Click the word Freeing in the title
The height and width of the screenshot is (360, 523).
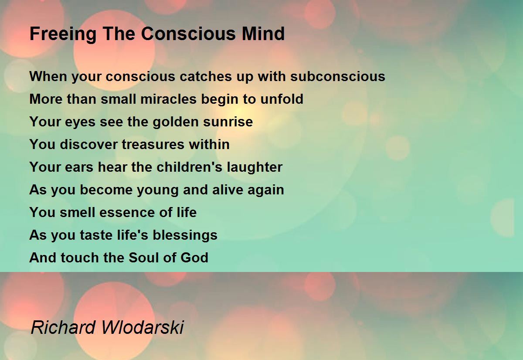click(x=63, y=34)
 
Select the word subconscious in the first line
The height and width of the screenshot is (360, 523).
click(x=338, y=76)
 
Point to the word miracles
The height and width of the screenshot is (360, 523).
click(x=168, y=99)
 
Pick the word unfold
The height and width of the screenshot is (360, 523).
click(x=282, y=99)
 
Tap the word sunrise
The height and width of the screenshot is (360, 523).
click(x=228, y=122)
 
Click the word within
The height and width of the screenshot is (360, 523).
click(x=209, y=144)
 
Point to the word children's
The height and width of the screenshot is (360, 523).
click(x=189, y=167)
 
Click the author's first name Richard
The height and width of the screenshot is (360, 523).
click(x=63, y=327)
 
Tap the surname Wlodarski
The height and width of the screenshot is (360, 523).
click(x=143, y=327)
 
